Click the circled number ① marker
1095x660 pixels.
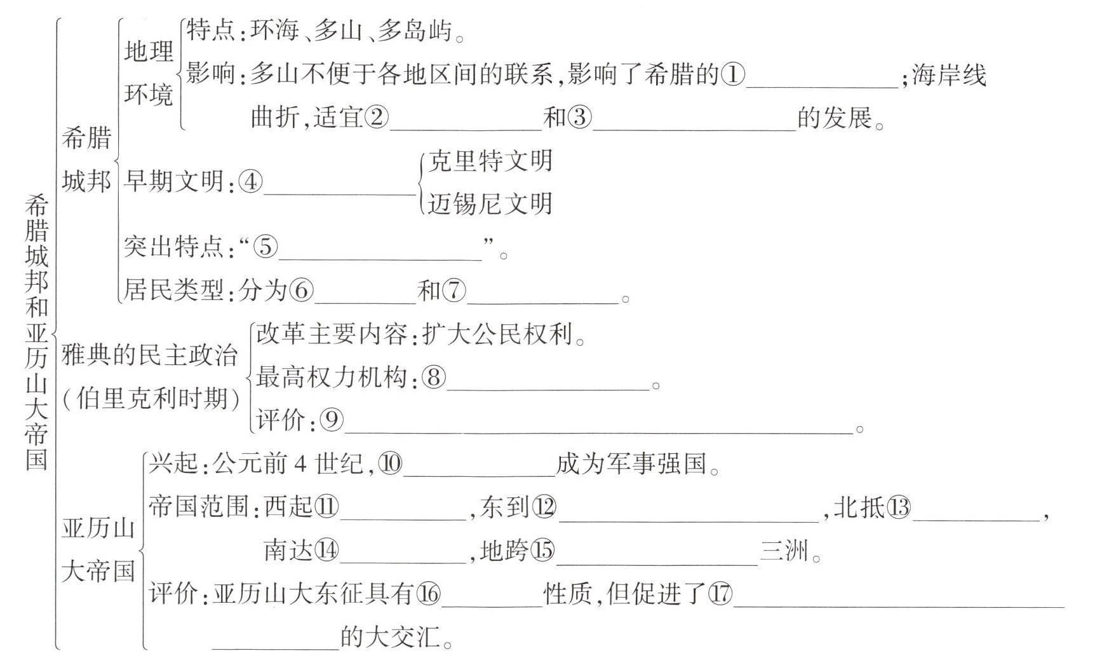pyautogui.click(x=733, y=75)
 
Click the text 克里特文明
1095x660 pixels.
pyautogui.click(x=490, y=162)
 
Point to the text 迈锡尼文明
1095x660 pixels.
pyautogui.click(x=490, y=204)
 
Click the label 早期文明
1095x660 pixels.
pyautogui.click(x=173, y=182)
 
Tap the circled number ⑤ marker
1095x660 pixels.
pyautogui.click(x=265, y=247)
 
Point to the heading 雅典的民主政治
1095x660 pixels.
pyautogui.click(x=149, y=356)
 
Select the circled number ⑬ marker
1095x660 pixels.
pyautogui.click(x=899, y=507)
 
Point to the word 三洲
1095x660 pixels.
pyautogui.click(x=784, y=551)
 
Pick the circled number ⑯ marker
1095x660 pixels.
pyautogui.click(x=429, y=594)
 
